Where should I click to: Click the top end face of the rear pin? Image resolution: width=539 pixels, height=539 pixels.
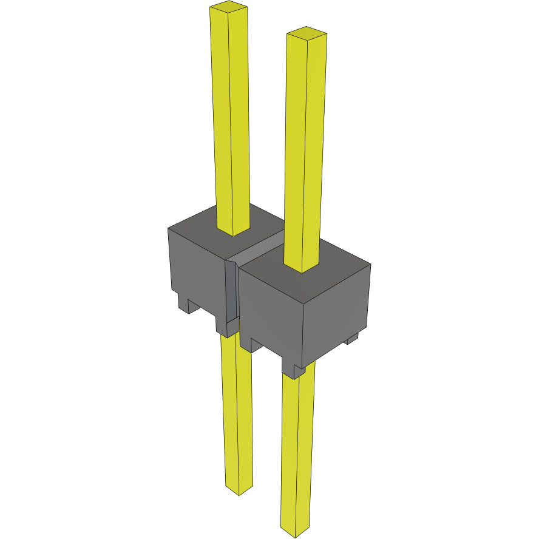click(x=228, y=7)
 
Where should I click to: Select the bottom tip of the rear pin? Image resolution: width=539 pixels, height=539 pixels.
click(x=239, y=490)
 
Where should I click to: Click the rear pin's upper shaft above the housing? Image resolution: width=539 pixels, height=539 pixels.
click(x=231, y=121)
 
